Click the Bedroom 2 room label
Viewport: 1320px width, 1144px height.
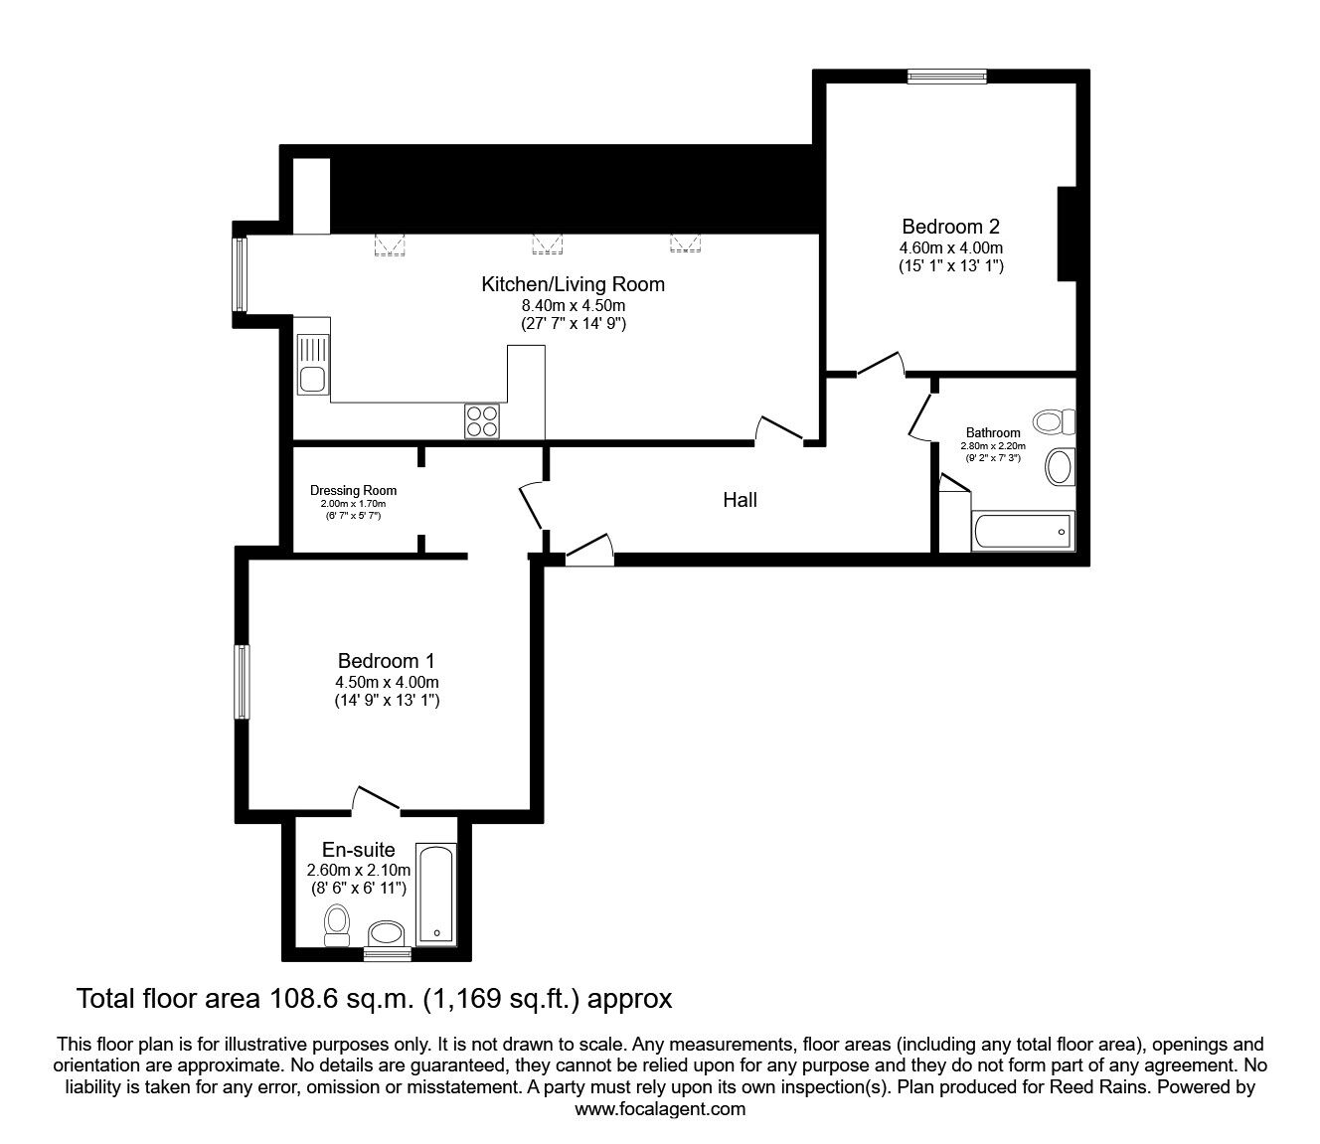click(x=951, y=227)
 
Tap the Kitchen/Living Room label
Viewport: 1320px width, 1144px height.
click(x=573, y=284)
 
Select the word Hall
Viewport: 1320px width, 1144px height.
click(x=741, y=500)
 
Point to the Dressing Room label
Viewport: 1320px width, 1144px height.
click(x=353, y=491)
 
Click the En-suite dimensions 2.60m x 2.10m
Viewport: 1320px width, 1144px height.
click(x=358, y=870)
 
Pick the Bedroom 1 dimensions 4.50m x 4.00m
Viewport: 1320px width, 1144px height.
click(x=387, y=682)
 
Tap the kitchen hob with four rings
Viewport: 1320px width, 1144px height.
click(x=482, y=421)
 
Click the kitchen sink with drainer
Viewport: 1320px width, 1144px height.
click(x=313, y=364)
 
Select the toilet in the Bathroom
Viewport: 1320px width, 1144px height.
click(x=1055, y=421)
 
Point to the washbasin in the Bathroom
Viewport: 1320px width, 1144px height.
click(x=1061, y=467)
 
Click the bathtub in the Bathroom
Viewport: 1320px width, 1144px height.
click(x=1023, y=530)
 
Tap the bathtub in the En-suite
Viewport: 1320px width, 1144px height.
click(x=436, y=895)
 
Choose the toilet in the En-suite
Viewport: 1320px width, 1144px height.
click(x=337, y=925)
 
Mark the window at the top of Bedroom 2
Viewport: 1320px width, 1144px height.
click(x=947, y=77)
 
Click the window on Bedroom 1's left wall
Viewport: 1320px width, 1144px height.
click(x=242, y=682)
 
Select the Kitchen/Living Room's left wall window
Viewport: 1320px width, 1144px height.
click(x=240, y=274)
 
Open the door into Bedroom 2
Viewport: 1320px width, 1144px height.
click(x=882, y=364)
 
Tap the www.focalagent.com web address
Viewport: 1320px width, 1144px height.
click(x=660, y=1109)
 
